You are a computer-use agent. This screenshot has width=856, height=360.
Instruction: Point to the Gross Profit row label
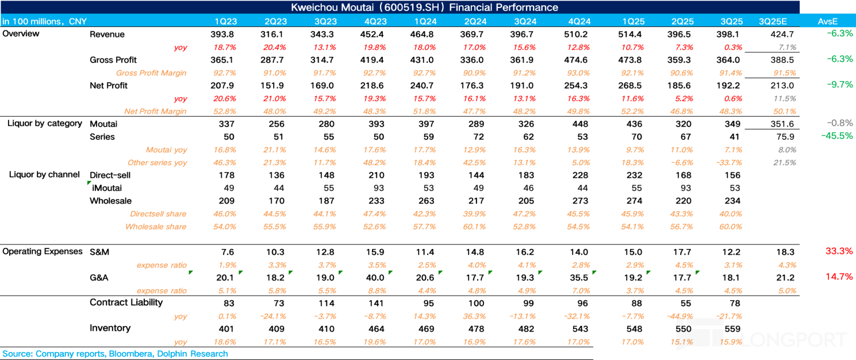coord(113,60)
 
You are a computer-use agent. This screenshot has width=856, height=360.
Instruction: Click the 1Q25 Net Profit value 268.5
coord(631,85)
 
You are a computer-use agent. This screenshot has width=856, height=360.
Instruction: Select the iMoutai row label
coord(107,188)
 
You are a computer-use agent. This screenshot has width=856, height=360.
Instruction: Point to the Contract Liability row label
coord(126,302)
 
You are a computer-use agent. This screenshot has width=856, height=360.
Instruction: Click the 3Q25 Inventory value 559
coord(731,328)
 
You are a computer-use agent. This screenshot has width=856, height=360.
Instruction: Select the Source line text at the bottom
coord(115,354)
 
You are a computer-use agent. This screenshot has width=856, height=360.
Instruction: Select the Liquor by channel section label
coord(45,174)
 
